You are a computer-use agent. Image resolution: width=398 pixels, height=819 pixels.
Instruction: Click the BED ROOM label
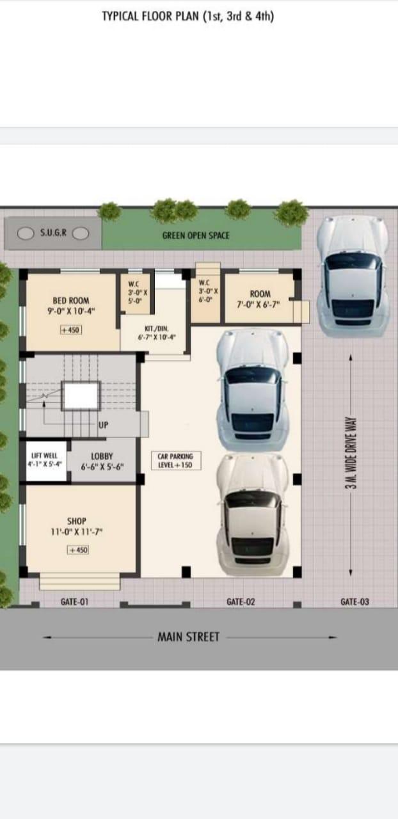(71, 301)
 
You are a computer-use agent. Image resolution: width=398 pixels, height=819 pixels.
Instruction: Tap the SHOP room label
(76, 521)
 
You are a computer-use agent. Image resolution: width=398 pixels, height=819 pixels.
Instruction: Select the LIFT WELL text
(44, 456)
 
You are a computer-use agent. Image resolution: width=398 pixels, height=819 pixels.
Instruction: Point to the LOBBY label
(102, 456)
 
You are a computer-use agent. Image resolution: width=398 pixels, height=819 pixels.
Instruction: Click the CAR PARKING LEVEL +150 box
(176, 461)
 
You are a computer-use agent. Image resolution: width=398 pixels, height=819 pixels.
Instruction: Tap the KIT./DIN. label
(157, 329)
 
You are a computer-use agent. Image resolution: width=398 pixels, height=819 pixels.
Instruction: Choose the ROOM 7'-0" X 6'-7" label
(260, 299)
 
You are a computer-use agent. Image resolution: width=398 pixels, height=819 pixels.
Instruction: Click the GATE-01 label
(74, 601)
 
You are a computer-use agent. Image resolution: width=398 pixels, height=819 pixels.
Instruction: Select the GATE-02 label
(241, 601)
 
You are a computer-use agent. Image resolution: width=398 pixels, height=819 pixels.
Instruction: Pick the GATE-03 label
(354, 601)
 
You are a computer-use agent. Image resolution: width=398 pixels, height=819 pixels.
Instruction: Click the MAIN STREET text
(188, 637)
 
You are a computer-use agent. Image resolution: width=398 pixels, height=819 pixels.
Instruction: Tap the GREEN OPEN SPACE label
(196, 235)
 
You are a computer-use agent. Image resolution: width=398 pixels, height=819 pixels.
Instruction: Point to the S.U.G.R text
(53, 232)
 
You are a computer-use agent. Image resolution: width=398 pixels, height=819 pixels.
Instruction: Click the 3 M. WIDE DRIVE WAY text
(351, 452)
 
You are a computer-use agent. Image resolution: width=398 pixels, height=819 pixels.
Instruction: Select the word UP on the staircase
(103, 425)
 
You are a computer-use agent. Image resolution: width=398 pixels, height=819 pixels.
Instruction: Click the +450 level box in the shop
(77, 550)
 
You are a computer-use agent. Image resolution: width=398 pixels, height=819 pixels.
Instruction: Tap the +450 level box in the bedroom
(71, 330)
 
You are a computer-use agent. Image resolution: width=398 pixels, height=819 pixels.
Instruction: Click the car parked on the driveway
(353, 276)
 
